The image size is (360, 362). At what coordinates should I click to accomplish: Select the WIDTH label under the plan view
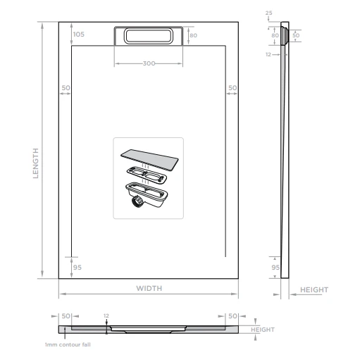(x=149, y=288)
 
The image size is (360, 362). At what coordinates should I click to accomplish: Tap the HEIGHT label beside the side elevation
(x=314, y=289)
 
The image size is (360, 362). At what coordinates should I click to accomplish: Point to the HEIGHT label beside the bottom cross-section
(x=262, y=330)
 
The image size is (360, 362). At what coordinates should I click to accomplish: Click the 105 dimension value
(x=78, y=35)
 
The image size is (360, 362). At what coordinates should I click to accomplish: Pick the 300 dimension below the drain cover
(x=148, y=63)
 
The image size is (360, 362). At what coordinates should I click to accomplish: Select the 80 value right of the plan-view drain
(x=193, y=35)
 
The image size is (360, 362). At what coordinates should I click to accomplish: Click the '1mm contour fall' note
(x=68, y=344)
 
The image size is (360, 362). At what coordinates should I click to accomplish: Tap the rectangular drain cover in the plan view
(x=149, y=36)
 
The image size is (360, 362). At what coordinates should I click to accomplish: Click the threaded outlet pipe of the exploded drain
(x=136, y=203)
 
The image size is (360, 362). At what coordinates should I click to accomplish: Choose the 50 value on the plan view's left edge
(x=66, y=87)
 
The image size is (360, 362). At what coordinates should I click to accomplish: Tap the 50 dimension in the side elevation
(x=296, y=35)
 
